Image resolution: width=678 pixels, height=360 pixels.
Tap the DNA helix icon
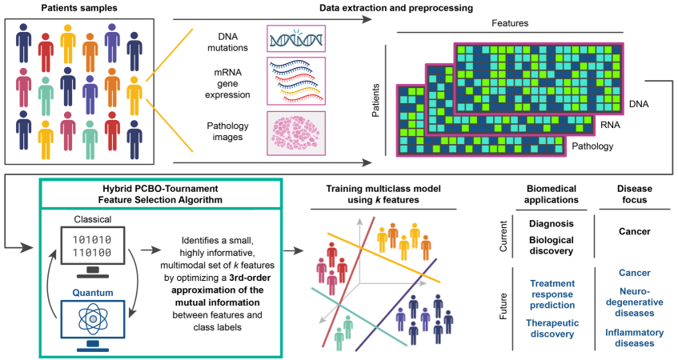(x=295, y=39)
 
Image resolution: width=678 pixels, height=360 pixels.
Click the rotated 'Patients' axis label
(x=376, y=99)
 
